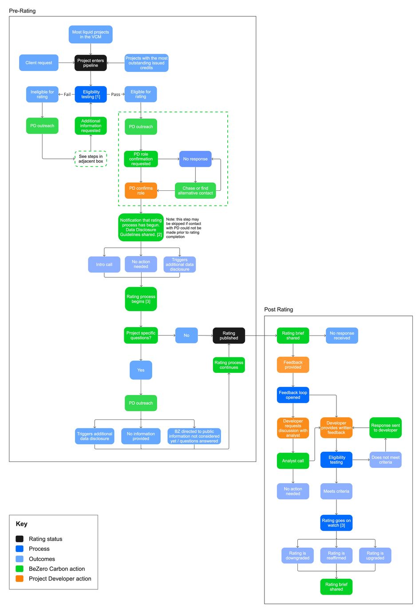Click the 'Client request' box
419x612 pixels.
[x=39, y=63]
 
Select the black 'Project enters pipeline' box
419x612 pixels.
[x=91, y=63]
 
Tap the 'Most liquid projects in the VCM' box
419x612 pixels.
[x=91, y=34]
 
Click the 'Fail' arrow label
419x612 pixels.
[x=67, y=95]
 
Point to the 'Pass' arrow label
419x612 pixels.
[x=115, y=95]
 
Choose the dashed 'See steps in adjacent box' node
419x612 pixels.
[x=91, y=159]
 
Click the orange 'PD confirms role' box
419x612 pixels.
[x=141, y=190]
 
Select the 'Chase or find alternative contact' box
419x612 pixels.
[x=195, y=190]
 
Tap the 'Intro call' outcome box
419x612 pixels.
[x=104, y=265]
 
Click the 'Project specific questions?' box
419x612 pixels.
[x=141, y=336]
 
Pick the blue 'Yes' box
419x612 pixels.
[x=141, y=370]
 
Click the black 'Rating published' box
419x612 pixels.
[x=229, y=336]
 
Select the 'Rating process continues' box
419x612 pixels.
[x=229, y=365]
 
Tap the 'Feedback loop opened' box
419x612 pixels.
[x=293, y=395]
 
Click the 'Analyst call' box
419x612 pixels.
[x=293, y=461]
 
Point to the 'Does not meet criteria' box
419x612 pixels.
[x=385, y=460]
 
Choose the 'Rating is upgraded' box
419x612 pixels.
[x=375, y=556]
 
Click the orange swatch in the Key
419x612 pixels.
[x=20, y=579]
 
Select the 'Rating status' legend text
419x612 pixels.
[x=45, y=539]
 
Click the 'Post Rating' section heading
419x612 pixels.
[x=278, y=309]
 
